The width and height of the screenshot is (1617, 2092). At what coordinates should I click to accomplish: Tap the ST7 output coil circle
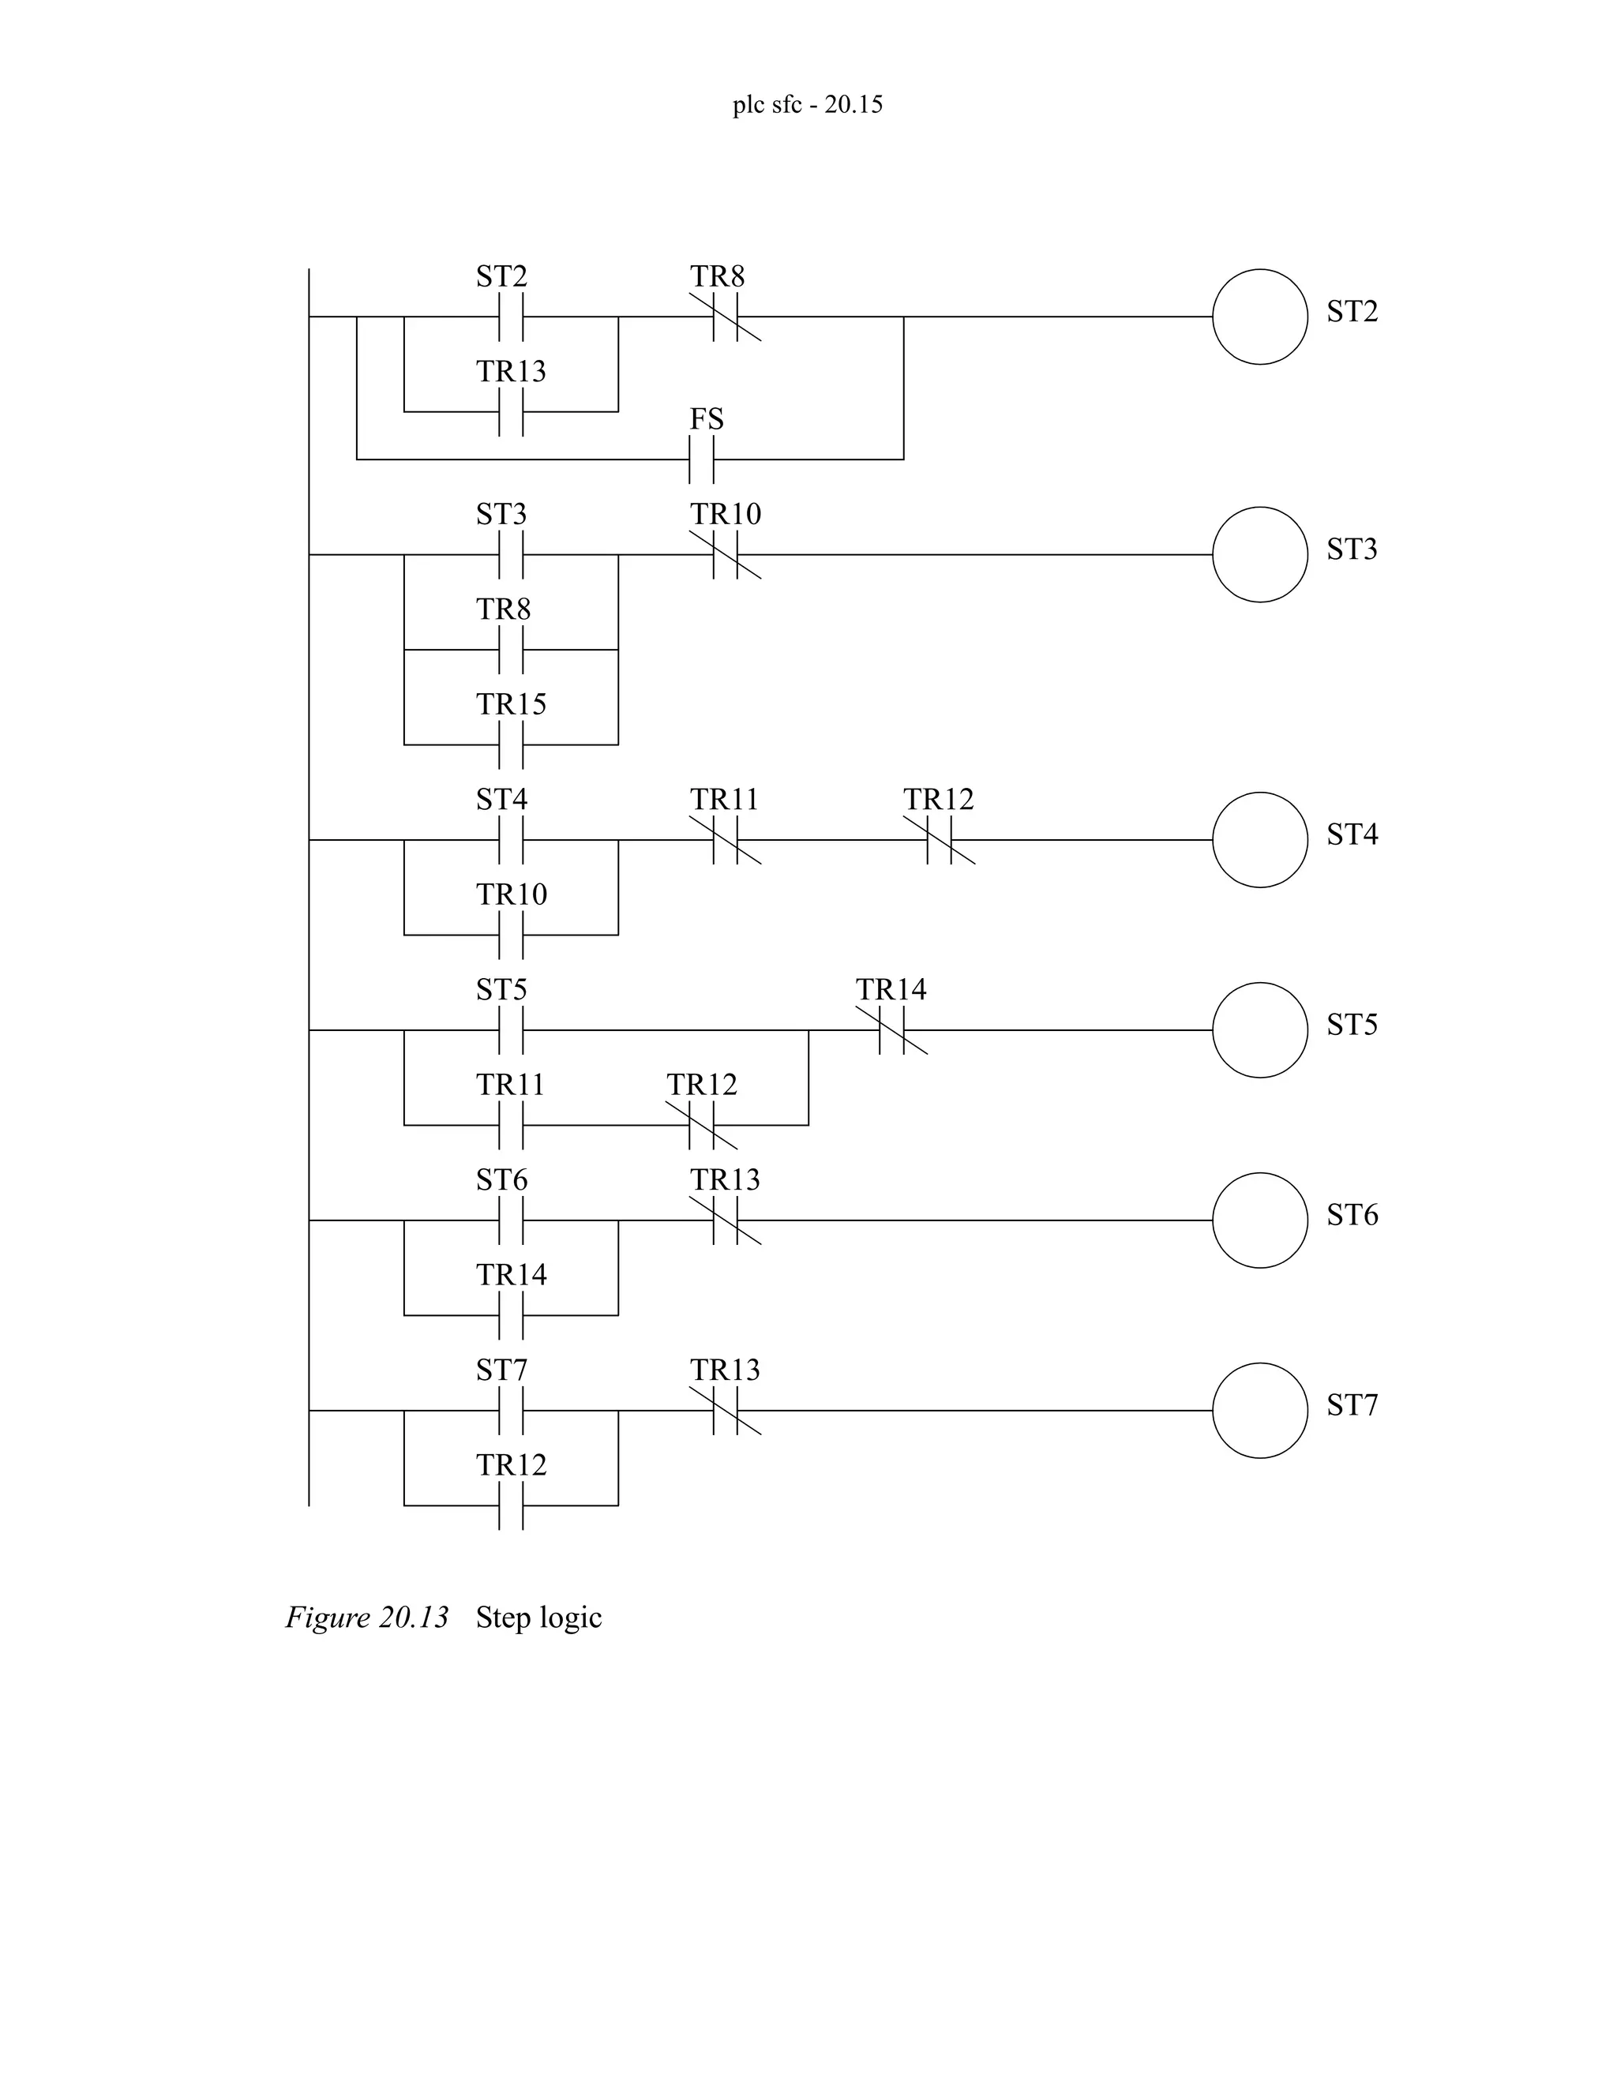point(1259,1410)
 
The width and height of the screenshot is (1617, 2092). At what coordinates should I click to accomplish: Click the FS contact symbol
point(701,459)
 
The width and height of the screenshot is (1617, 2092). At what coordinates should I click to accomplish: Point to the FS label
point(706,419)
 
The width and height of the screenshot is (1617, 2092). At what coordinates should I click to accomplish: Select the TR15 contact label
point(511,705)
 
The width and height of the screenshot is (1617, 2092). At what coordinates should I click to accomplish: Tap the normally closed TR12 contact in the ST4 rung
point(940,840)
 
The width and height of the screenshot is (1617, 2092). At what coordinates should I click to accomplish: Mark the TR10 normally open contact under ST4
point(511,934)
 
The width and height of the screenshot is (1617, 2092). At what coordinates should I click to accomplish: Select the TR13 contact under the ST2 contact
point(511,411)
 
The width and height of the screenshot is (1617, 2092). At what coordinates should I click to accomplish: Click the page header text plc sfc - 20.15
point(808,104)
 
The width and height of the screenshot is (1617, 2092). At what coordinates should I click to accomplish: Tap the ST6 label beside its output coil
point(1352,1216)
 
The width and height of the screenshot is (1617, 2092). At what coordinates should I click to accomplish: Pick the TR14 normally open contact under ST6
point(511,1314)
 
